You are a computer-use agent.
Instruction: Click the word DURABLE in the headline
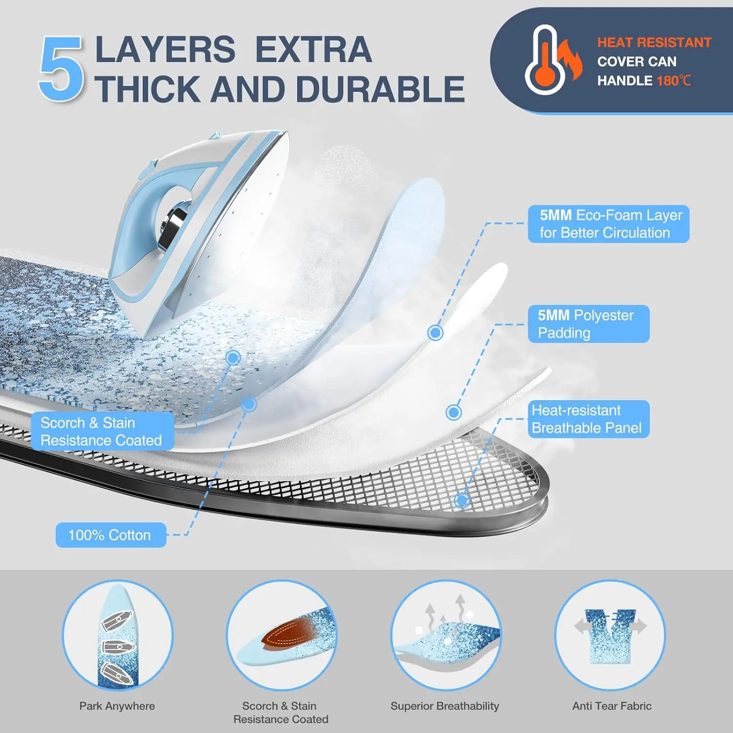click(380, 89)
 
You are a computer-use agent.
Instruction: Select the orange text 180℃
click(673, 81)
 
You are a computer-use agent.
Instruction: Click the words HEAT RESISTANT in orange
click(654, 43)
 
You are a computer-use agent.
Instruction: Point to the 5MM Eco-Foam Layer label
click(608, 224)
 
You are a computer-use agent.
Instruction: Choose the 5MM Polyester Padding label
click(588, 324)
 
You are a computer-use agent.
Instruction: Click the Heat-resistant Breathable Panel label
click(588, 419)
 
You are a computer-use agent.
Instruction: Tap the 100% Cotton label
click(110, 535)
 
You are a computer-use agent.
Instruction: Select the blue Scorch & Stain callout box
click(102, 431)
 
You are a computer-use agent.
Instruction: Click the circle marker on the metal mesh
click(462, 500)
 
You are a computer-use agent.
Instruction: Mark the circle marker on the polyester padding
click(453, 412)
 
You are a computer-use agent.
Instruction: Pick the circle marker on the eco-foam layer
click(435, 333)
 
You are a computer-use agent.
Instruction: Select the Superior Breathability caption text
click(445, 706)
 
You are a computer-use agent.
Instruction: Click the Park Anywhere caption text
click(117, 706)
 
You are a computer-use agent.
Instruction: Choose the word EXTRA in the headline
click(313, 50)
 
